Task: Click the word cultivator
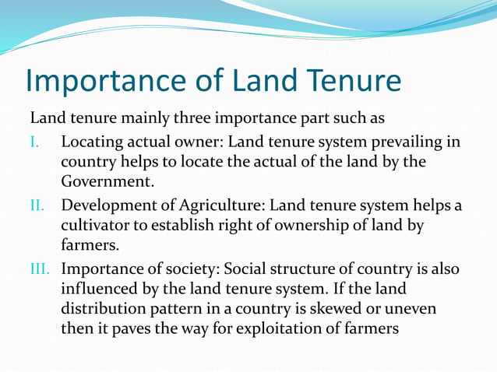point(97,226)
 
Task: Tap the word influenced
point(100,290)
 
